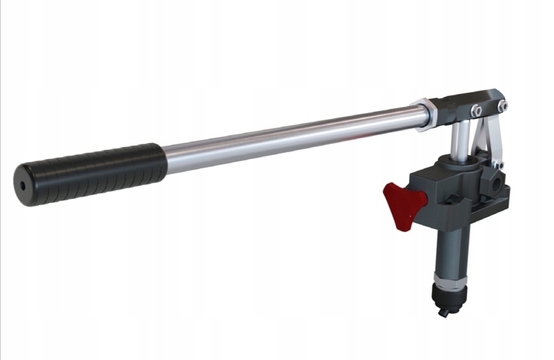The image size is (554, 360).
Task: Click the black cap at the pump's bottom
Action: click(x=449, y=295)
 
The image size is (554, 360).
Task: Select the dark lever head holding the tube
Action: click(x=465, y=105)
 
